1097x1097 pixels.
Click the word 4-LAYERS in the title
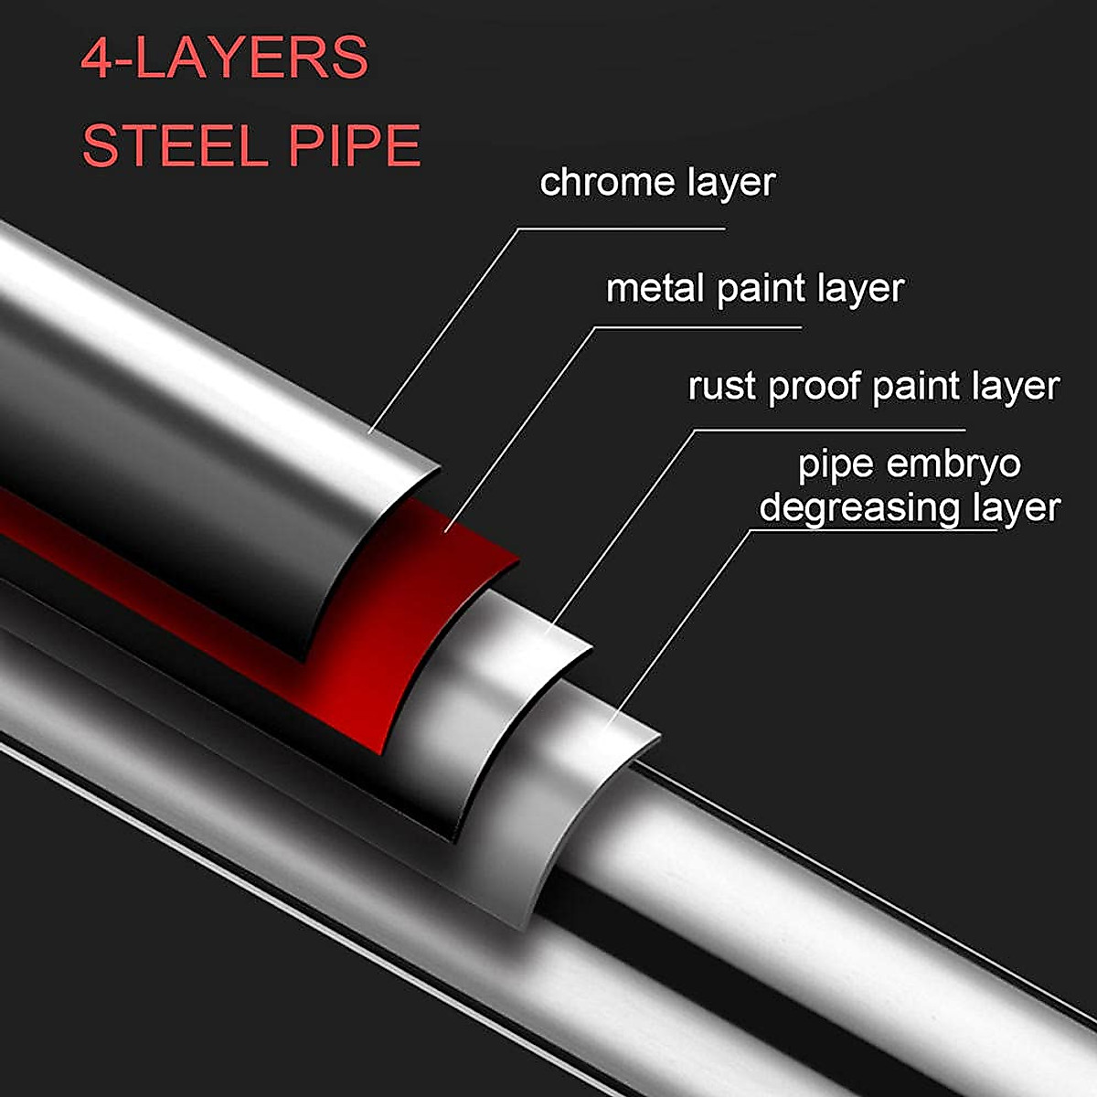pyautogui.click(x=225, y=59)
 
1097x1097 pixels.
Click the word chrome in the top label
pyautogui.click(x=594, y=182)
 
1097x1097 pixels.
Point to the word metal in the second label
pyautogui.click(x=656, y=288)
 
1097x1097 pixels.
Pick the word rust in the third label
pyautogui.click(x=722, y=386)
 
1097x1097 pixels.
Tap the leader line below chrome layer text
pyautogui.click(x=622, y=229)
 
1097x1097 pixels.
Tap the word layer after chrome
pyautogui.click(x=729, y=182)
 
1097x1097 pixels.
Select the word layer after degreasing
pyautogui.click(x=1014, y=507)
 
